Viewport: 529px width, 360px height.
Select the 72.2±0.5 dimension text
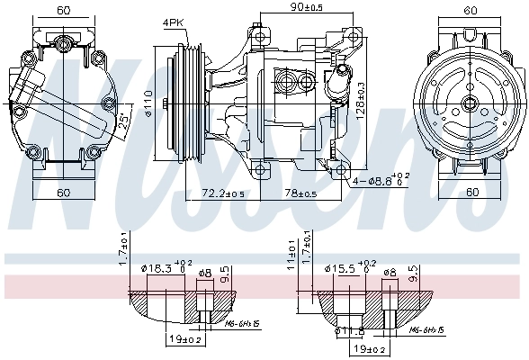(222, 193)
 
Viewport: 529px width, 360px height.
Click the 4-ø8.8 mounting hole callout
(376, 180)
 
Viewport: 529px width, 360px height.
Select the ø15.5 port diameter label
(347, 269)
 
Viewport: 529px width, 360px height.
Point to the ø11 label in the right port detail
(343, 331)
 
